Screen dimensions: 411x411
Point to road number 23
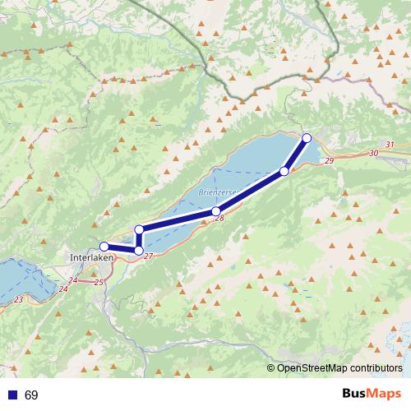[x=19, y=299]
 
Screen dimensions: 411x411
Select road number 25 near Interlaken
[x=99, y=283]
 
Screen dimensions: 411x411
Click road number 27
[x=148, y=256]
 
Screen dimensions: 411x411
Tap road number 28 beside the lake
[x=219, y=218]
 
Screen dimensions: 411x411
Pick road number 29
[x=329, y=160]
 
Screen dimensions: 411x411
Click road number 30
[x=374, y=153]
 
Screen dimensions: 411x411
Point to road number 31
[x=389, y=145]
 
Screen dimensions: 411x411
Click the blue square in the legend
[x=12, y=395]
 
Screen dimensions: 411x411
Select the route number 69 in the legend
[x=31, y=395]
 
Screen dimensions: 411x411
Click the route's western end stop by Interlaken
[x=104, y=246]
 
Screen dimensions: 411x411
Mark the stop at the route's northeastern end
[x=307, y=137]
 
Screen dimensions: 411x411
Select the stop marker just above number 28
[x=215, y=211]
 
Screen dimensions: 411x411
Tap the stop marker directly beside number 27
[x=139, y=250]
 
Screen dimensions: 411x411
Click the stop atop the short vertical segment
[x=140, y=229]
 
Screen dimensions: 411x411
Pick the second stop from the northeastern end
[x=284, y=171]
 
